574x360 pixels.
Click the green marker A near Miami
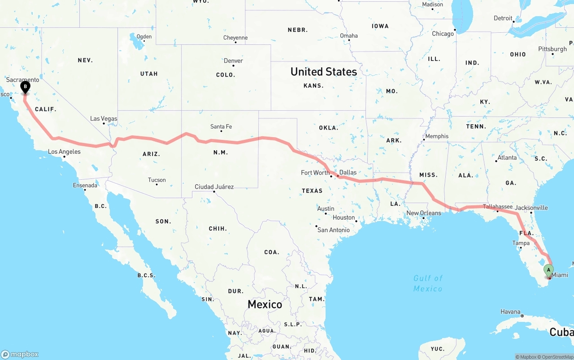click(548, 270)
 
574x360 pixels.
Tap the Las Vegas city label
click(104, 119)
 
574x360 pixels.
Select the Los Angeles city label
click(64, 152)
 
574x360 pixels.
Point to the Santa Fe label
click(221, 127)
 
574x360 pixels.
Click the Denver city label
click(233, 61)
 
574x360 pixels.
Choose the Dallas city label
click(348, 172)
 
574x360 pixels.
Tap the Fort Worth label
click(315, 173)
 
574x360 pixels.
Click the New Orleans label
click(424, 213)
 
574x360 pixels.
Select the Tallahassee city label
click(498, 207)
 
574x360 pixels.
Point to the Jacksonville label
click(531, 208)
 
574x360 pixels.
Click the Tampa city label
click(521, 243)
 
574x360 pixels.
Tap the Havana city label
click(511, 312)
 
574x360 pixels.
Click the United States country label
click(324, 72)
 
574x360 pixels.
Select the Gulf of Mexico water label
click(428, 283)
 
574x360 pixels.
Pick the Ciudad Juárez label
click(214, 187)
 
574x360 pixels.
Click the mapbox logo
click(20, 354)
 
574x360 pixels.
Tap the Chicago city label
click(443, 34)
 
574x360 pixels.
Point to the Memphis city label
click(437, 136)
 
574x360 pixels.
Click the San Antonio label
click(333, 230)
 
